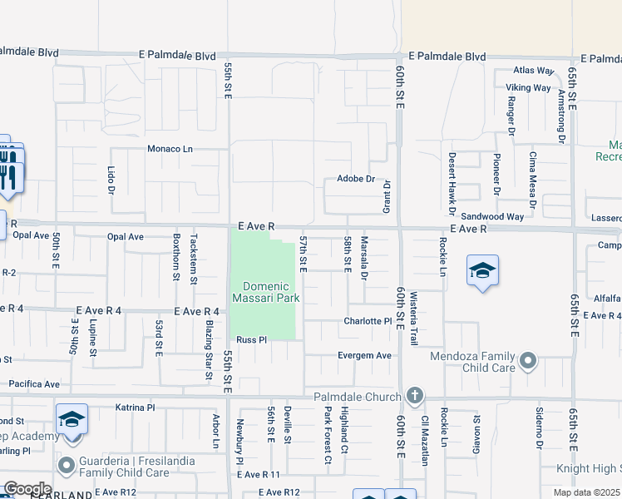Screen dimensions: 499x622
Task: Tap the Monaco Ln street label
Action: pos(170,149)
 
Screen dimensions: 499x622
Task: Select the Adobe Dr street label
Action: pos(357,179)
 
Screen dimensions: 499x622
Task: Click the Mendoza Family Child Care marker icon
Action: pos(527,361)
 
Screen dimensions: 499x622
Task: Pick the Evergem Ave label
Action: pos(364,355)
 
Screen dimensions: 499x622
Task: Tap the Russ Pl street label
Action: pos(250,339)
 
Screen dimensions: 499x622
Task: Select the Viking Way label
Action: pos(529,87)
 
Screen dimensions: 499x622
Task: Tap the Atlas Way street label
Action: pos(534,71)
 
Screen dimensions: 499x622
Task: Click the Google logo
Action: pos(27,489)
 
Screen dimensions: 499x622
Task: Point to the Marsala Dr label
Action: pos(364,258)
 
